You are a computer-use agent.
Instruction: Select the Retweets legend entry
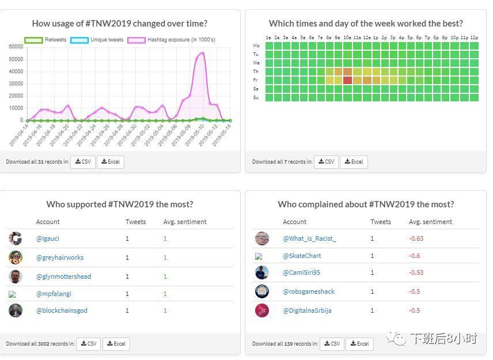pos(45,40)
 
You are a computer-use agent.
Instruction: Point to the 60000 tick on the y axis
pos(16,47)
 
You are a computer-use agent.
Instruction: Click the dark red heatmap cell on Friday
pos(347,80)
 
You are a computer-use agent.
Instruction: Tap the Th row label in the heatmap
pos(256,71)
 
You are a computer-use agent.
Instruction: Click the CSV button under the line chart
pos(82,162)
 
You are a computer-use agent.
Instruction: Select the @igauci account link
pos(48,238)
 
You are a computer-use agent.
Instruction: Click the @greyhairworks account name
pos(60,257)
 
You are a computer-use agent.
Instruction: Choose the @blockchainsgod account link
pos(62,310)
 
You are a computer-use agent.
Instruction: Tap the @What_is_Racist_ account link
pos(309,238)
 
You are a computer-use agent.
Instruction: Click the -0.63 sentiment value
pos(416,238)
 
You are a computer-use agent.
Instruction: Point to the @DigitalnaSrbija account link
pos(307,310)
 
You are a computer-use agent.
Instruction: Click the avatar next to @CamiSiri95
pos(262,272)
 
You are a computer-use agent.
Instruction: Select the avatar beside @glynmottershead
pos(16,276)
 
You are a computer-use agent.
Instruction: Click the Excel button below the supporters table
pos(116,344)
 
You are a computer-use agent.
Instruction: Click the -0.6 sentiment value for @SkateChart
pos(415,256)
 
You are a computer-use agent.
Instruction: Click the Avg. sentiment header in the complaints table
pos(430,222)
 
